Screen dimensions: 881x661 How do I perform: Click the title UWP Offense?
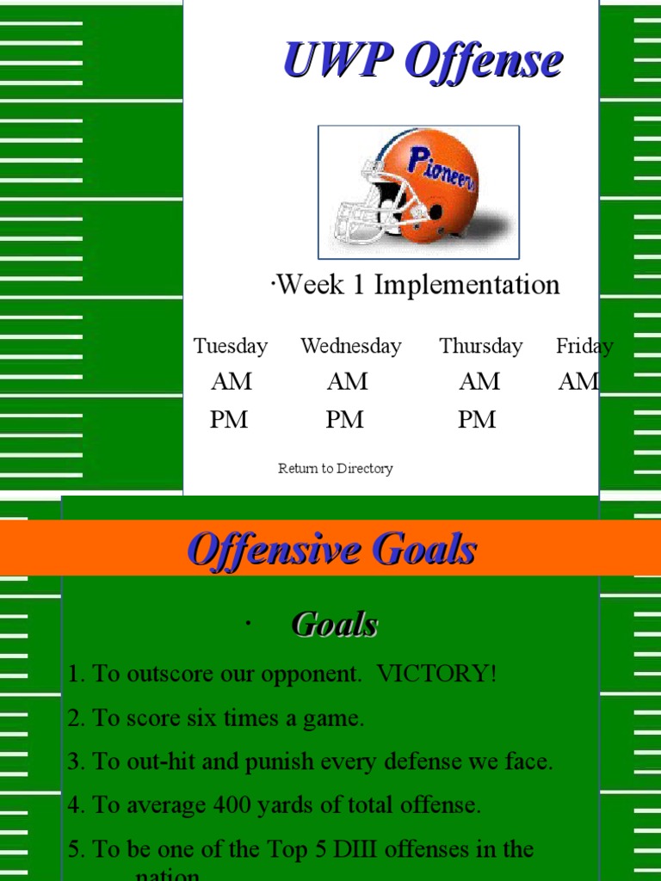[423, 62]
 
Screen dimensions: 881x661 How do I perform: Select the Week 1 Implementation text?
[416, 285]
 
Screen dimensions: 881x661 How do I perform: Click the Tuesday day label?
[230, 346]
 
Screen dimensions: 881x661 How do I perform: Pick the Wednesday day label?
[350, 346]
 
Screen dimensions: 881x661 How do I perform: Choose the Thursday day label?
[480, 346]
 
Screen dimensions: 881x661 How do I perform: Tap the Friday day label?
[584, 346]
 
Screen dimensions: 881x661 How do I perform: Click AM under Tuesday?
[232, 381]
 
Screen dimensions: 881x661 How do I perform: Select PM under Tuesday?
[229, 420]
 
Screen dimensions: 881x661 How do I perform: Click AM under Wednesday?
[347, 381]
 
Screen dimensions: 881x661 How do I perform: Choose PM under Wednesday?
[344, 420]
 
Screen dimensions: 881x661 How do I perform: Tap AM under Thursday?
[479, 381]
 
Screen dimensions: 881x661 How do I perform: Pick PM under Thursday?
[477, 420]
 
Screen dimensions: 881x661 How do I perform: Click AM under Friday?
[578, 381]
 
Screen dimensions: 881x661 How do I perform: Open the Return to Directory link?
[336, 469]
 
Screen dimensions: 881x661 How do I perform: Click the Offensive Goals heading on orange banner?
[331, 550]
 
